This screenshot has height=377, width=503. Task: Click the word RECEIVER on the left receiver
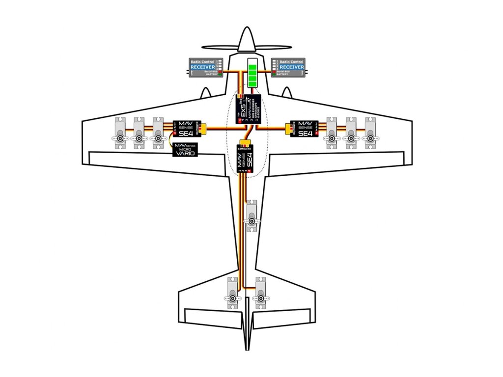coord(202,67)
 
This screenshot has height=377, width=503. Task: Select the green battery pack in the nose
coord(253,74)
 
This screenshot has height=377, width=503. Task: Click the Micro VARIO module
coord(186,150)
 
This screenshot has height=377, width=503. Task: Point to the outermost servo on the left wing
coord(120,133)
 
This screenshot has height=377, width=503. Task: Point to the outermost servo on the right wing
coord(371,133)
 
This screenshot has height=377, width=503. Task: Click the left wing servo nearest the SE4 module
coord(158,133)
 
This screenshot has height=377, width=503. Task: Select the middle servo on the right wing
coord(351,133)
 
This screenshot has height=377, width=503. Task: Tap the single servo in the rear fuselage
coord(252,216)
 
